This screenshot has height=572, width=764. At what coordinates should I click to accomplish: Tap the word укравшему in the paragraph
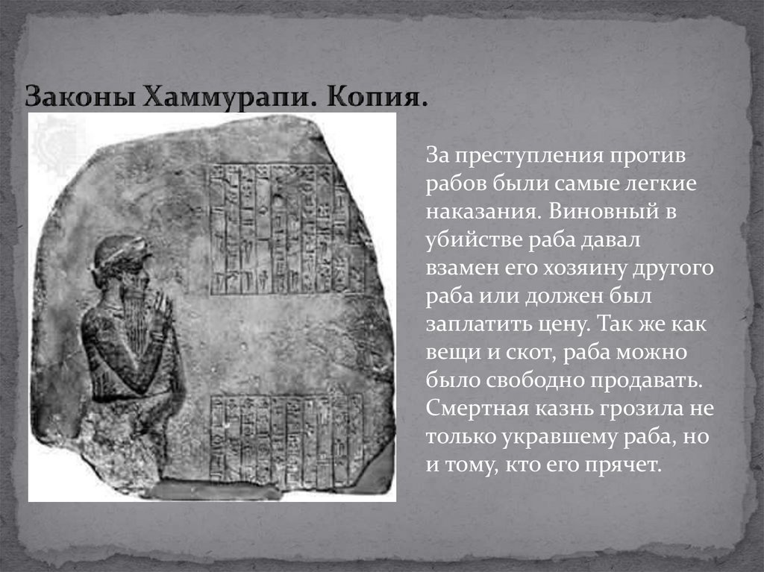coord(562,437)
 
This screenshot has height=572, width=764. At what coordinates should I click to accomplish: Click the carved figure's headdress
coord(120,250)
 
